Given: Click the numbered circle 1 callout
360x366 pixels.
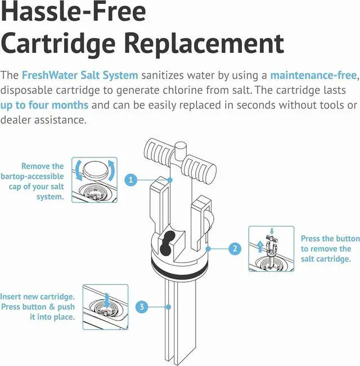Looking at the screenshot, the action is [130, 180].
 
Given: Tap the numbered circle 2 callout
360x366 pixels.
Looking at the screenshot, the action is [235, 248].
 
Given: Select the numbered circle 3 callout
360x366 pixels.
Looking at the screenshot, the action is [142, 307].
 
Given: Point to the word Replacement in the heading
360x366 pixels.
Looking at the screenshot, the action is [202, 43].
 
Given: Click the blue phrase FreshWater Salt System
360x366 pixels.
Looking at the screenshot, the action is [79, 75].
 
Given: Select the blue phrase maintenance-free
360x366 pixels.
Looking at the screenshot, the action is [313, 75].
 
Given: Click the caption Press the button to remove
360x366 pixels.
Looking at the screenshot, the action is [326, 248].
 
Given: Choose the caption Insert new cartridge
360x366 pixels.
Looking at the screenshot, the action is [38, 306].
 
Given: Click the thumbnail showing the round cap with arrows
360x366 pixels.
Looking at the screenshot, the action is [94, 179].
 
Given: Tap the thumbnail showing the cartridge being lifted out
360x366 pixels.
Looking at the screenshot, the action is [271, 248].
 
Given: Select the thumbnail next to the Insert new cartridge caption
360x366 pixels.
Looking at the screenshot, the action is [105, 307].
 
